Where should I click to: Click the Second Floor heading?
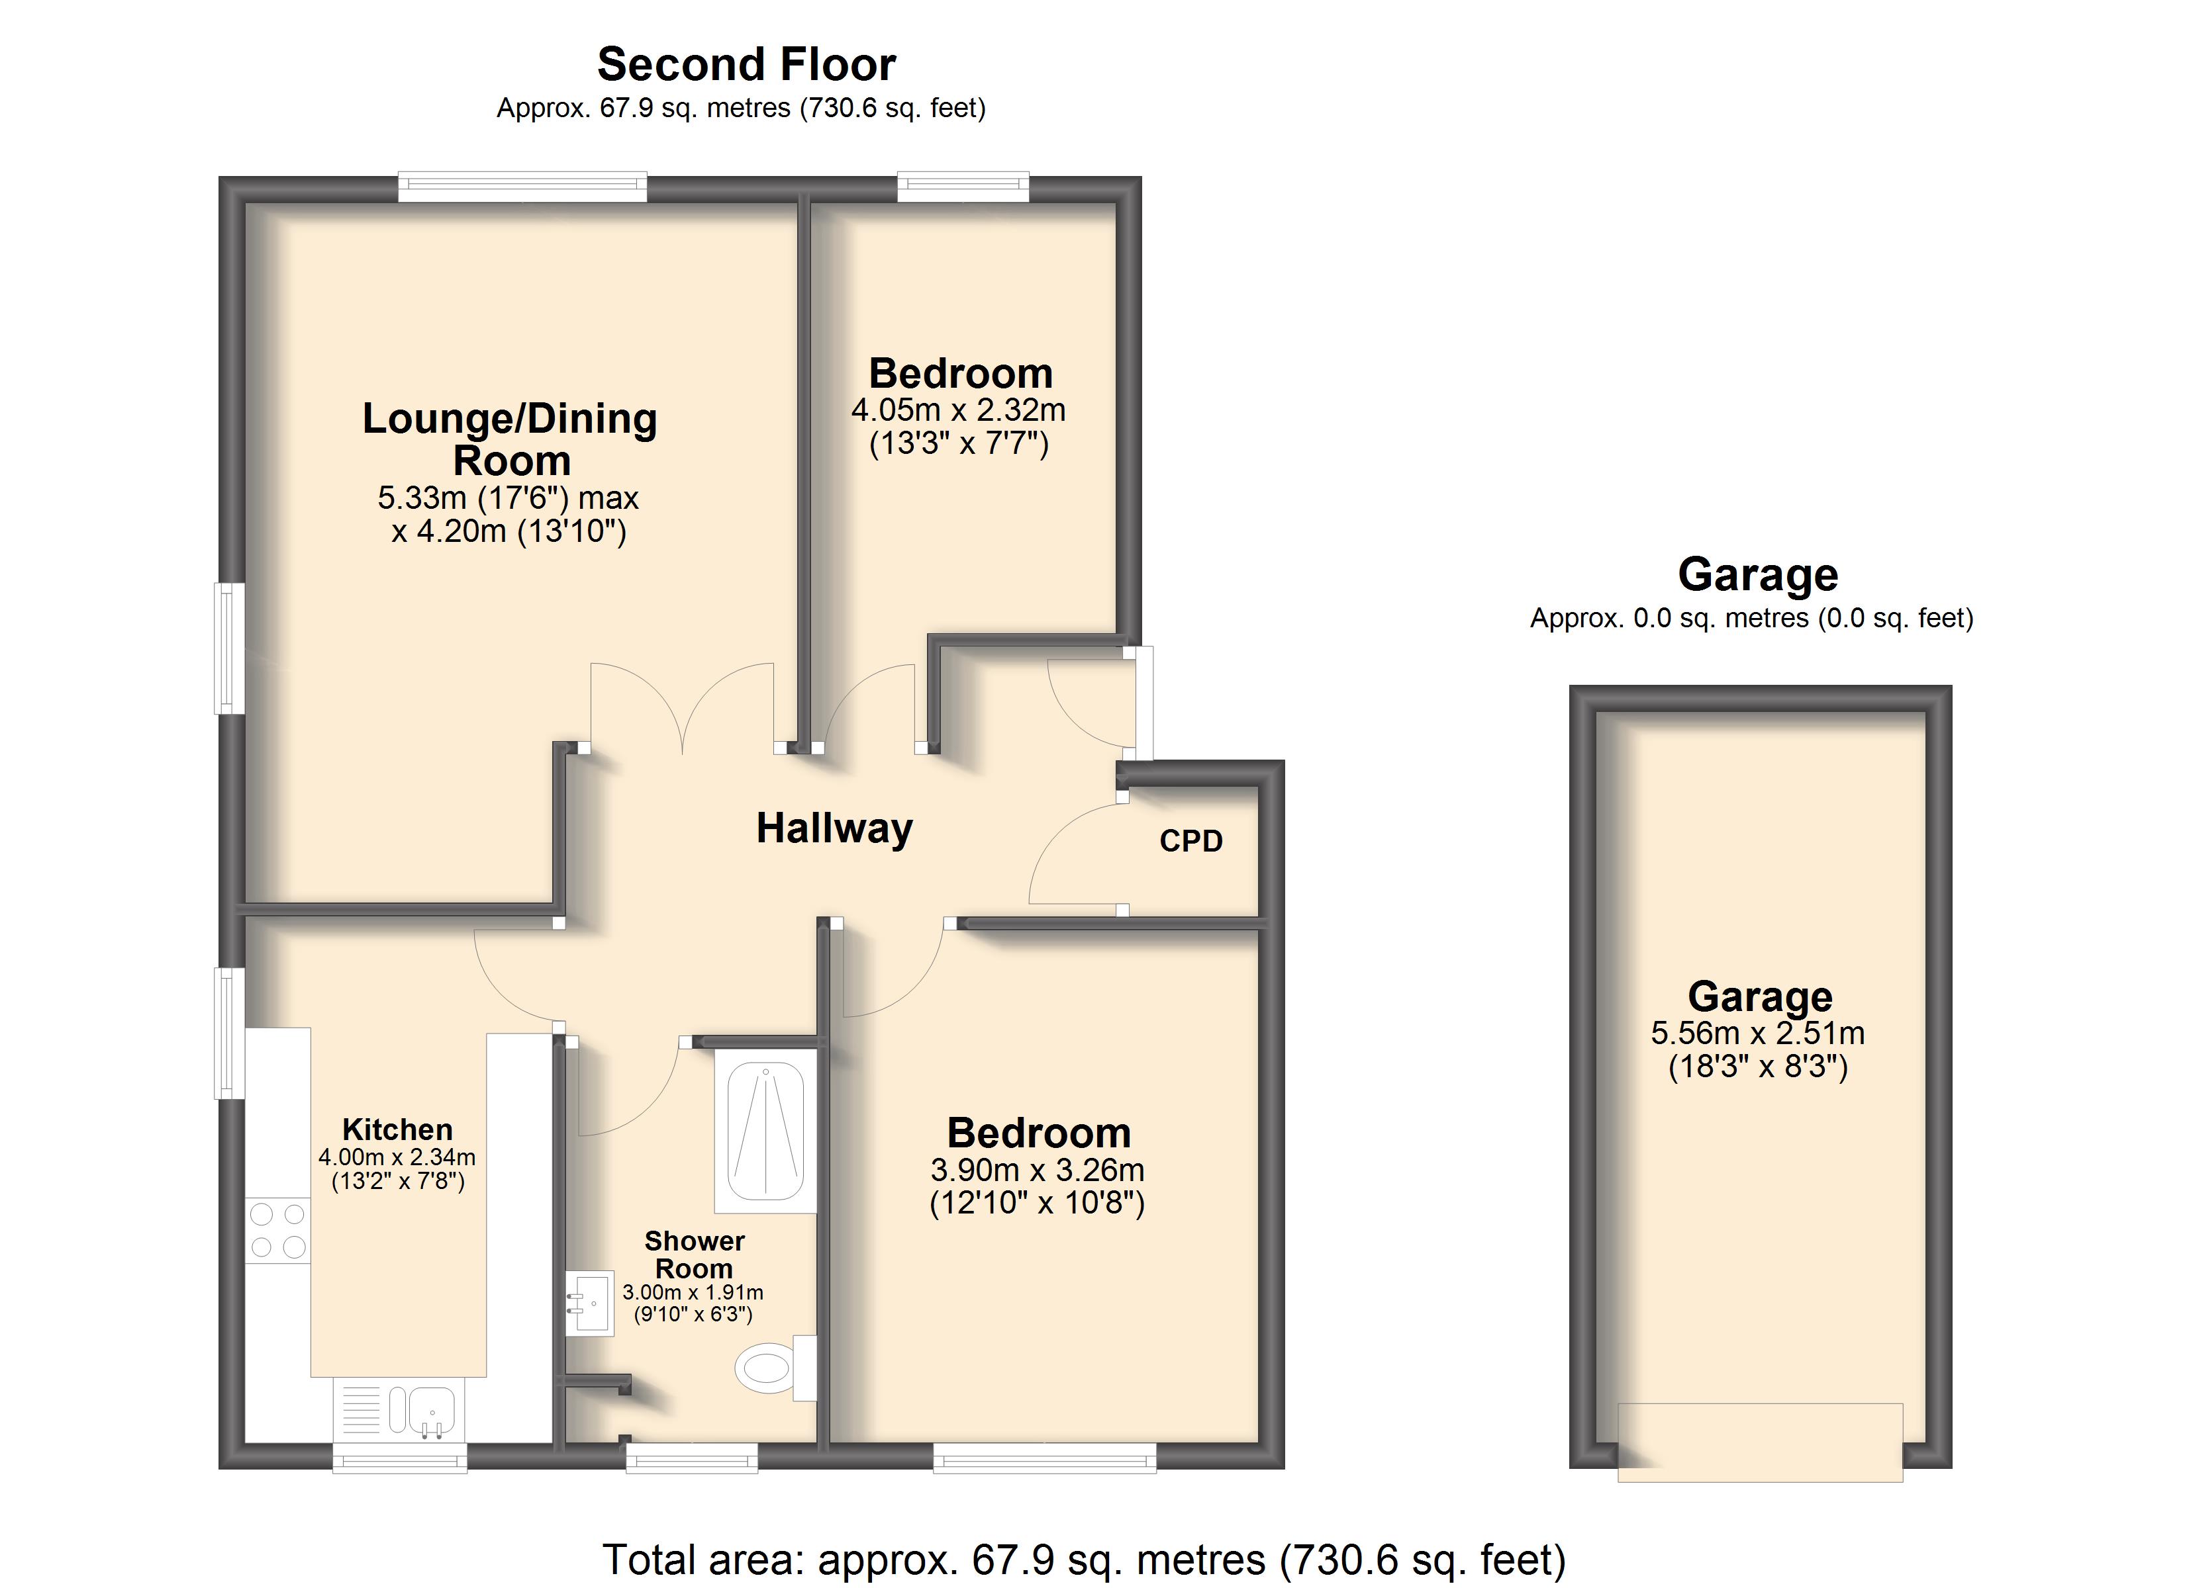[x=747, y=65]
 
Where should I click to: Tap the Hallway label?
[x=834, y=828]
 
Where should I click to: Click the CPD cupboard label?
[x=1190, y=841]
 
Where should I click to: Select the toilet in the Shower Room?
[x=775, y=1368]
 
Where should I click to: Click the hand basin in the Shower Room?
[x=589, y=1303]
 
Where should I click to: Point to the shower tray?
[x=766, y=1131]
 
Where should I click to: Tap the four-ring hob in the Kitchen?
[x=279, y=1230]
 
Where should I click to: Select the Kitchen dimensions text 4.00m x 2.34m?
[x=397, y=1157]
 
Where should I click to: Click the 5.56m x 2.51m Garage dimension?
[x=1758, y=1034]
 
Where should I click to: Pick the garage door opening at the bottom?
[x=1760, y=1442]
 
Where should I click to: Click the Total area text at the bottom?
[x=1084, y=1559]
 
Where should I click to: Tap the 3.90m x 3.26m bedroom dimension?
[x=1038, y=1170]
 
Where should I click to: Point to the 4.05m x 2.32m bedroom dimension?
[x=959, y=410]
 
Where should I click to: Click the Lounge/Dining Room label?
[x=510, y=439]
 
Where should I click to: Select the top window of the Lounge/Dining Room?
[x=523, y=187]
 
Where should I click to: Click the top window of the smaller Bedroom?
[x=963, y=187]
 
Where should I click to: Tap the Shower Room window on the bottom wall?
[x=692, y=1457]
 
